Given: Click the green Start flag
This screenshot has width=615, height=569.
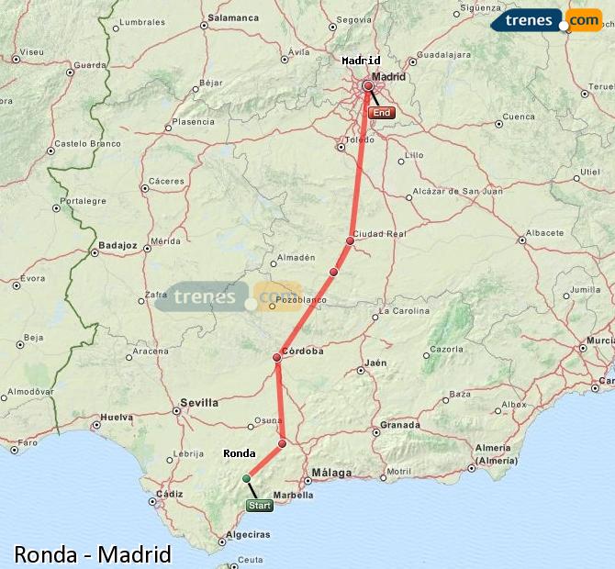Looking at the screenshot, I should point(260,506).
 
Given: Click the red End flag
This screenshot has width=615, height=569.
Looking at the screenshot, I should point(381,113).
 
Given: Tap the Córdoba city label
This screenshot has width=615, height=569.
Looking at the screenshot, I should point(304,351).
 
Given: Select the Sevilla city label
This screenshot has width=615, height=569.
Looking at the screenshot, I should point(199,402).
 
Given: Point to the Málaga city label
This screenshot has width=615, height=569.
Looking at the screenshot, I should point(331,473).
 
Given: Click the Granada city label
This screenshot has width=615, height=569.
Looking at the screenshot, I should point(400,425).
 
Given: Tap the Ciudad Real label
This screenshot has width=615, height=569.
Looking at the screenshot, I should point(379,234).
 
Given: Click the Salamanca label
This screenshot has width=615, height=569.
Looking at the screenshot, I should point(234,17).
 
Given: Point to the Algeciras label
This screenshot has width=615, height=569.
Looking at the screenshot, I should point(248,534).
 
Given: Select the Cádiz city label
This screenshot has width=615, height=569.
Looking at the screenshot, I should point(170,493).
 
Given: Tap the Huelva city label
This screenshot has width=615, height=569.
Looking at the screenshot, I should point(117,417).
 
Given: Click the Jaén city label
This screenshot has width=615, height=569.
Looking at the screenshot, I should point(375,363).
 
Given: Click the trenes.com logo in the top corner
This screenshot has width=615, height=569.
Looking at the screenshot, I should point(545,20).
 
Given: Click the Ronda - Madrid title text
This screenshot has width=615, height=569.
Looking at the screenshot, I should point(93,554).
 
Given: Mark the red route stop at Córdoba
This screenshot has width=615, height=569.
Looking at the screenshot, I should point(276,357).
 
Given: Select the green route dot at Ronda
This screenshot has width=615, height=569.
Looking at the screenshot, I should point(246,478).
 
